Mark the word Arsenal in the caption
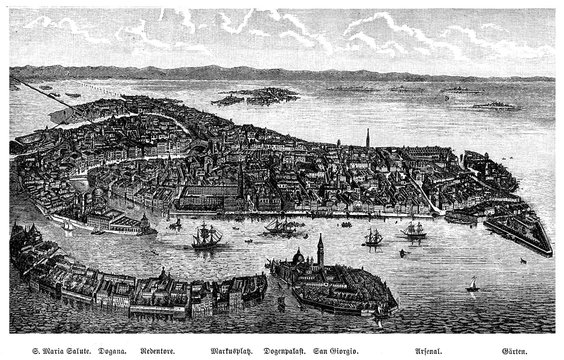point(439,351)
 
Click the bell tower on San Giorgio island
point(320,250)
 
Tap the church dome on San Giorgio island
point(296,257)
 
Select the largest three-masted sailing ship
point(207,236)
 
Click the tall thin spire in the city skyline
point(366,137)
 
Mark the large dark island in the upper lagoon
point(258,97)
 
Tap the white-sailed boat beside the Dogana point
point(68,227)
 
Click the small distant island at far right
point(497,105)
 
